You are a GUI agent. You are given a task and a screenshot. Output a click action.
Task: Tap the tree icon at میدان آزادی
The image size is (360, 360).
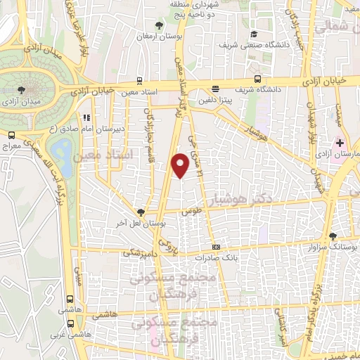[22, 89]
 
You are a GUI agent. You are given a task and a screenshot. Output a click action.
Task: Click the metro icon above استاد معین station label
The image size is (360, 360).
[139, 80]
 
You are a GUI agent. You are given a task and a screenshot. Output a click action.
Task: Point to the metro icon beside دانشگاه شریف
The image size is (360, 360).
[259, 79]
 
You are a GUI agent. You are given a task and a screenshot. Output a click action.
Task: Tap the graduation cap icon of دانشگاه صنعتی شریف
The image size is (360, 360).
[253, 34]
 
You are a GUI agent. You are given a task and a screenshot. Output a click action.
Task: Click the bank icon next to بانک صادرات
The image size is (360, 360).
[217, 247]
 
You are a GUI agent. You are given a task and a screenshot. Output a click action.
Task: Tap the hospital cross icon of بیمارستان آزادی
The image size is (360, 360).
[340, 142]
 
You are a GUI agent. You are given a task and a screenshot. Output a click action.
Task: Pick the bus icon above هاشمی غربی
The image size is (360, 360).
[70, 324]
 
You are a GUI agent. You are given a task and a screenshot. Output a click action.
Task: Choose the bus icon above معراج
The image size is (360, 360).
[11, 135]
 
